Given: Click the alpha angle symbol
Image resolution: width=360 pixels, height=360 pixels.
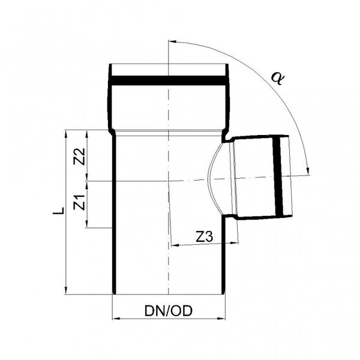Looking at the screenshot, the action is pos(278,78).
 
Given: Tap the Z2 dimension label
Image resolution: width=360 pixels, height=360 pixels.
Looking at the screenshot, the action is pos(79,157).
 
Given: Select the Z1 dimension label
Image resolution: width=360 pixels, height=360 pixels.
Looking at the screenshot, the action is pos(79,202).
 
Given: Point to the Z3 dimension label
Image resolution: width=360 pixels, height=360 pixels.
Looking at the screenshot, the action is pos(205,237).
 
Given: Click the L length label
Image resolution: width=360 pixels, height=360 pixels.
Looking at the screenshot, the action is pos(59,211).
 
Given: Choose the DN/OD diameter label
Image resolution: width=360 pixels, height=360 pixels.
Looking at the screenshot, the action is pos(168,311).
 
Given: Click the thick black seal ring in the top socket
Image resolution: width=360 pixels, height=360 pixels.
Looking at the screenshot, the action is pos(168,80).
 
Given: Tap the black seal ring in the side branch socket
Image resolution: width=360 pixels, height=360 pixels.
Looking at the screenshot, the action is pos(278,177).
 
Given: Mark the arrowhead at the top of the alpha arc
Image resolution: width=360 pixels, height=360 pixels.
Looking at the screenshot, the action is pos(172,42).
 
